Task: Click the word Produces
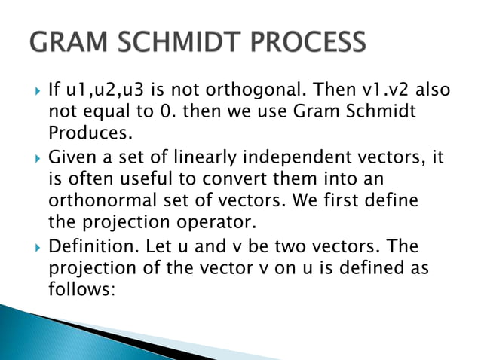tap(84, 134)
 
